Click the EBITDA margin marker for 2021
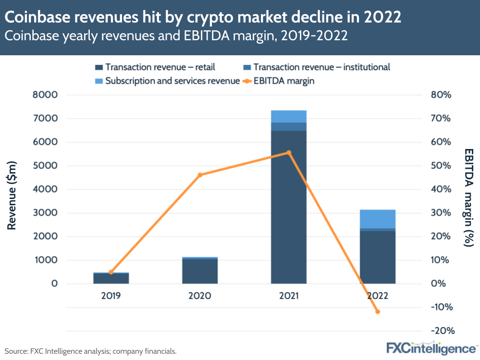(x=289, y=153)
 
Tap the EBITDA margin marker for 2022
(x=378, y=312)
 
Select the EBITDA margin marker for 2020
(x=200, y=174)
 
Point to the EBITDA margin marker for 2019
(x=111, y=272)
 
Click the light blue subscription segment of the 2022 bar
(x=378, y=219)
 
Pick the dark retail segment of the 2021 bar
(x=289, y=207)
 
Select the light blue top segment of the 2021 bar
(x=289, y=116)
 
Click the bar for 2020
(x=200, y=271)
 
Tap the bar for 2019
(x=111, y=278)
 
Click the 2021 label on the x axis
(x=289, y=296)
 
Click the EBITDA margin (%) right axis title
(x=468, y=197)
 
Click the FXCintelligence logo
(x=431, y=348)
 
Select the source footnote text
(x=90, y=351)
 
